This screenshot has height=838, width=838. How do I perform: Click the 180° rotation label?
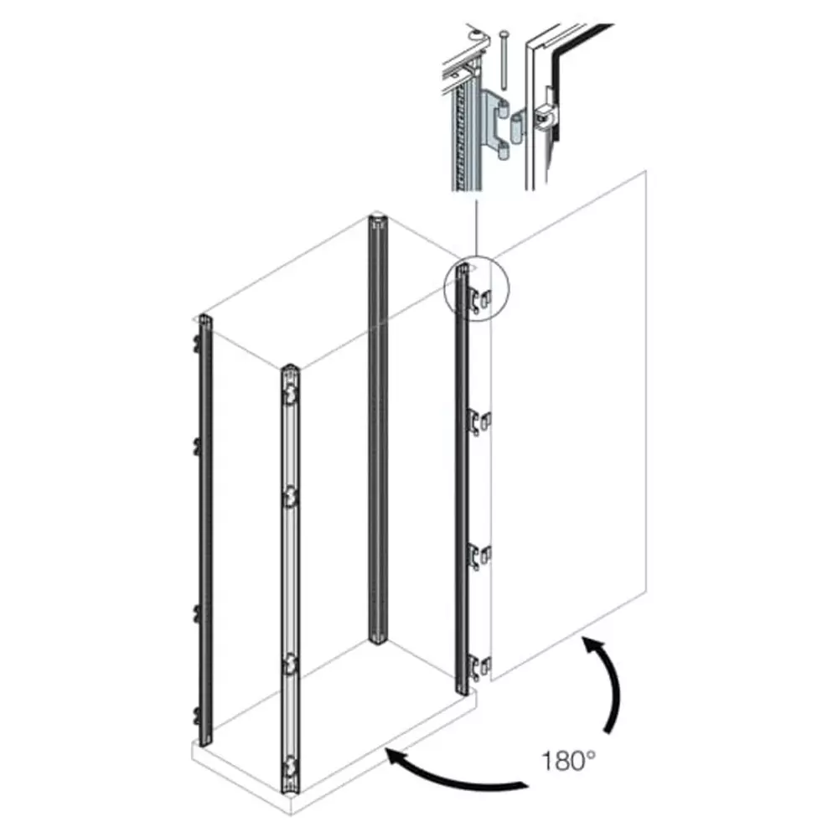pyautogui.click(x=568, y=761)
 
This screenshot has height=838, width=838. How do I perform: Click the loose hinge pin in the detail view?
pyautogui.click(x=500, y=59)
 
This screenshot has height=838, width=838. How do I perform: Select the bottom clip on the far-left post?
pyautogui.click(x=198, y=716)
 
